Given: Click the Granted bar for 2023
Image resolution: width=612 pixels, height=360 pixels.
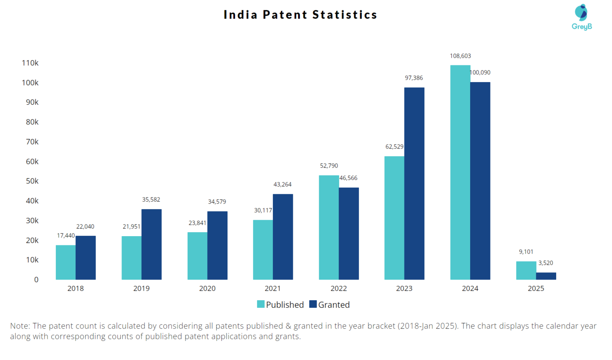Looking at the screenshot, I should point(414,183).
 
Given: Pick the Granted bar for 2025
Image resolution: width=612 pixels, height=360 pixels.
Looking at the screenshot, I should point(546,276).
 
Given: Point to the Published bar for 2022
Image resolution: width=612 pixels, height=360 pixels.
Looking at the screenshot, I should point(329,227).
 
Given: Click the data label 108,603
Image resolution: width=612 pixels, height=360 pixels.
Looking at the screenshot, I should point(460,56).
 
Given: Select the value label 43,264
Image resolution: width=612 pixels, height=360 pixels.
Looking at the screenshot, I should point(282,184).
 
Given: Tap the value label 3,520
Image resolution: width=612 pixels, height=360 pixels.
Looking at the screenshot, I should point(545,263).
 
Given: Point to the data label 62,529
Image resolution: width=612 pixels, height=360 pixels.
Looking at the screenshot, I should point(394,147).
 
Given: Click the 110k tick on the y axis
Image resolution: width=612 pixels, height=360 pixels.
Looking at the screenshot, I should point(30,63).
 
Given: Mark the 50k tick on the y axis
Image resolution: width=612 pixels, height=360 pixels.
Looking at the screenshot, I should point(32,181).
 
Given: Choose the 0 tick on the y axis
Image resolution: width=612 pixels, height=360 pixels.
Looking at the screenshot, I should point(36,280).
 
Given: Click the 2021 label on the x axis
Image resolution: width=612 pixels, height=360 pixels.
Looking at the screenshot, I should point(273,288).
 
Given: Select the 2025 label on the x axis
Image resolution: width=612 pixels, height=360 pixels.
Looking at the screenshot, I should point(535,288).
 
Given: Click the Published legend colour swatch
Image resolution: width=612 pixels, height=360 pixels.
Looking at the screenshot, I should point(261,304).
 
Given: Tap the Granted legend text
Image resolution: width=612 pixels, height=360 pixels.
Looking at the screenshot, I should point(334,305).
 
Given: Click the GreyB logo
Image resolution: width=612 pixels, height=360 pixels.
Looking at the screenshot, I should point(581,17).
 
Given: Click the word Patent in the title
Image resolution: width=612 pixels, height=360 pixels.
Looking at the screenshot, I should point(285,15).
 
